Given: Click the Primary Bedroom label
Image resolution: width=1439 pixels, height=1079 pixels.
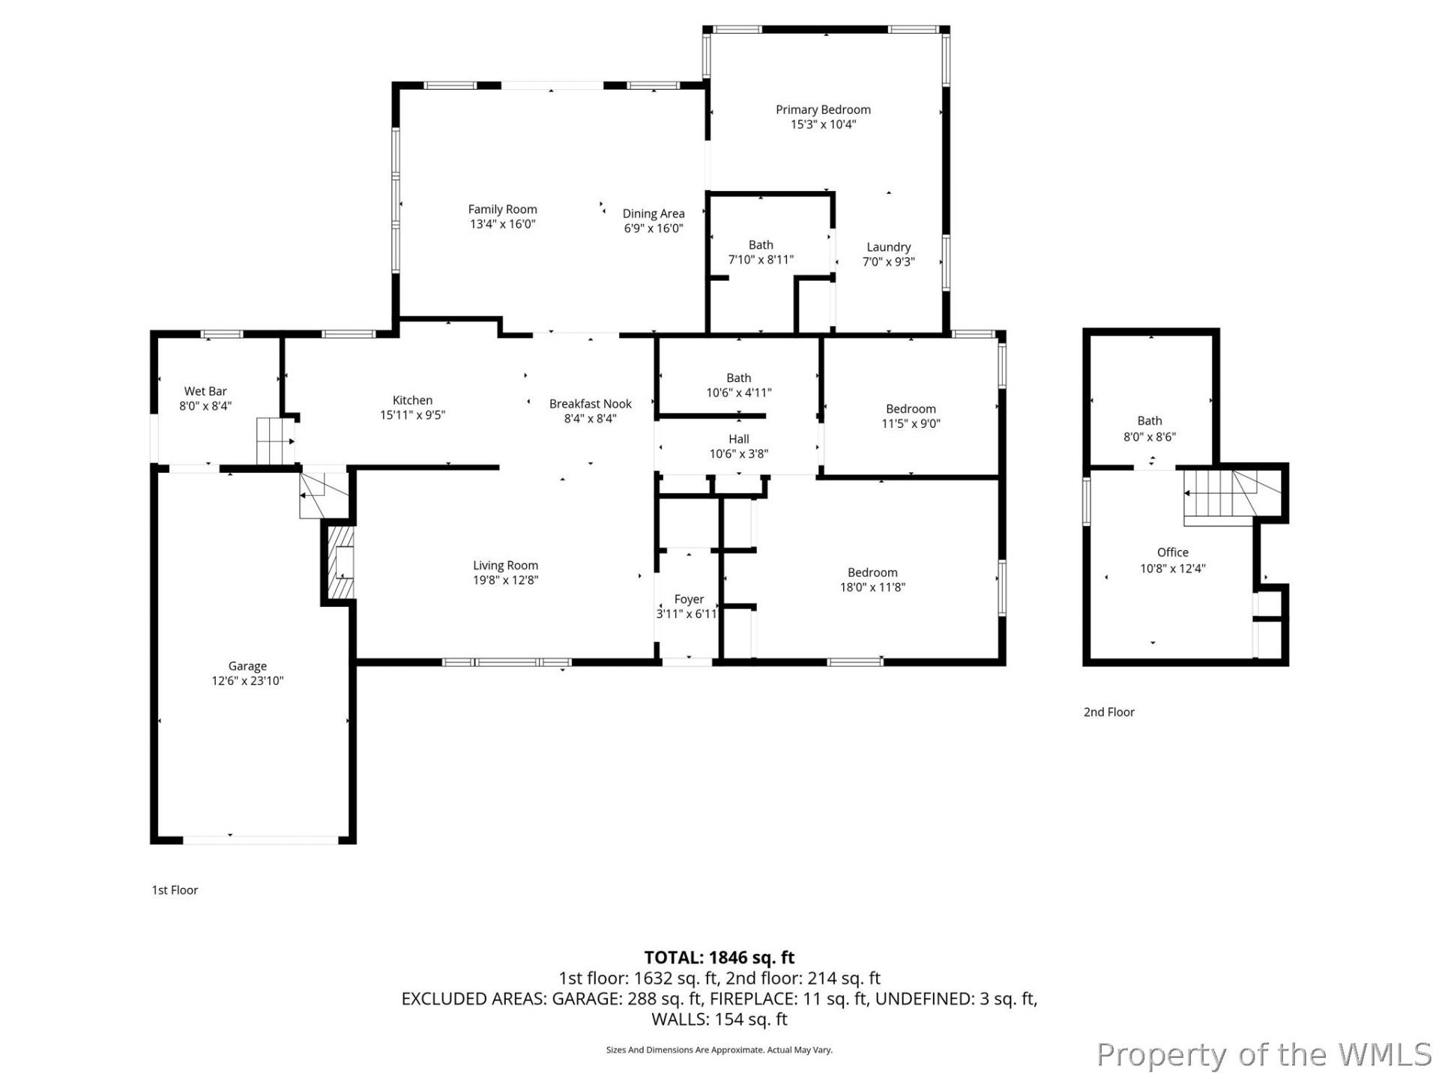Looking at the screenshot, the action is coord(823,109).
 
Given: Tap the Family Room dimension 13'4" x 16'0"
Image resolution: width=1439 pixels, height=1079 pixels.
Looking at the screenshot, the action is coord(502,224).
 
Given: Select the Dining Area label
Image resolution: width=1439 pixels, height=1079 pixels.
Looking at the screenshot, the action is coord(654,214).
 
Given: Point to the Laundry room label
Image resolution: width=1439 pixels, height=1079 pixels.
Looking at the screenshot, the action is coord(889,247).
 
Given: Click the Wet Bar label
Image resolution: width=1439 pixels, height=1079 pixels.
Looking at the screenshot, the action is coord(205,391).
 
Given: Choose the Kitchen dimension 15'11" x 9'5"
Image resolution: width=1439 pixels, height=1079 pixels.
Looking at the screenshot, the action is coord(412,415).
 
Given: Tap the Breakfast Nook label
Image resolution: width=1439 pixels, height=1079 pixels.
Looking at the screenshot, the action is coord(591,404).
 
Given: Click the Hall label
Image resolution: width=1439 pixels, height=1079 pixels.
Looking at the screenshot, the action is coord(739,439).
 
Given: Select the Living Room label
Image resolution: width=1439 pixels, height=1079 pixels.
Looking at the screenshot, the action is coord(505,566).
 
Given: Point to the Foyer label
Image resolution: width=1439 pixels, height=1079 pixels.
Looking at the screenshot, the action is coord(689,599).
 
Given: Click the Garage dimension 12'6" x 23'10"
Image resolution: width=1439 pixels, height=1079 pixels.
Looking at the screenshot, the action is coord(247,681).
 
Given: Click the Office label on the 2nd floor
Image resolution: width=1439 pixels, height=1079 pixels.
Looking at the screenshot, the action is coord(1173,553).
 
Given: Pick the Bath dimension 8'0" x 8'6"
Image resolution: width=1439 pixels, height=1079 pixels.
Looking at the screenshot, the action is coord(1150,437).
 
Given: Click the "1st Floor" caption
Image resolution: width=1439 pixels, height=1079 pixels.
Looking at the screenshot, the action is coord(175,890).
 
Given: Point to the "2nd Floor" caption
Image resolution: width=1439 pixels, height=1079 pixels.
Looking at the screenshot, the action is coord(1109,713).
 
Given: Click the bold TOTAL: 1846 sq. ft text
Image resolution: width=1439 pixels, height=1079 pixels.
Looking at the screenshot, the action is coord(719,958).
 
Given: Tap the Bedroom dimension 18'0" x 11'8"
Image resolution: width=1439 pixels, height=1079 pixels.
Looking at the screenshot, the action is coord(872,587).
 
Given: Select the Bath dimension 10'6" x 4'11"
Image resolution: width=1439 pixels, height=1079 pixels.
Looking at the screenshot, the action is coord(739,393).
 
